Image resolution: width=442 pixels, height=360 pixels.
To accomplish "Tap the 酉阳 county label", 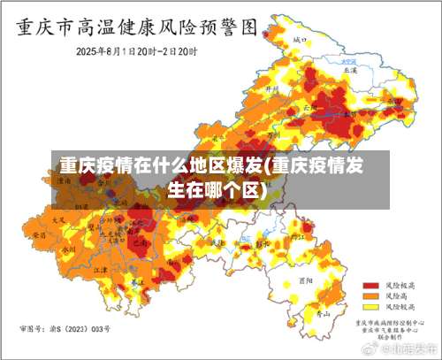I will point(307,277).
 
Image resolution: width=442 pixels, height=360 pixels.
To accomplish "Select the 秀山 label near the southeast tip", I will point(324,312).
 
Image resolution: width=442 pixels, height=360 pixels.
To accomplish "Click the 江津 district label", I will point(100,269).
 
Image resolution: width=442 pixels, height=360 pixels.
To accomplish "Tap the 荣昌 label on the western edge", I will point(39,236).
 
